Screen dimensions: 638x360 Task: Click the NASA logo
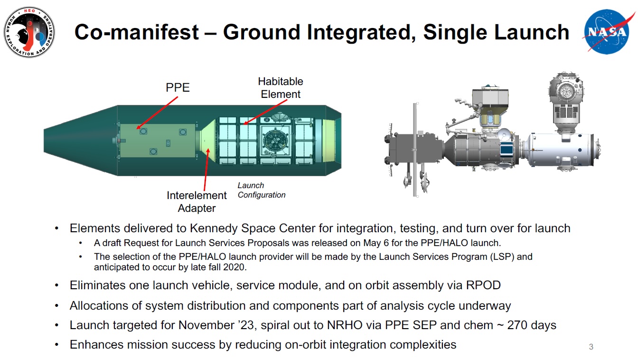(x=607, y=31)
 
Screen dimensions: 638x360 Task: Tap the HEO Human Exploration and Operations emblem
(x=29, y=32)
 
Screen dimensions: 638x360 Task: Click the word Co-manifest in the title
(x=136, y=32)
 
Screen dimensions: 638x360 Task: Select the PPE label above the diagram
(x=178, y=87)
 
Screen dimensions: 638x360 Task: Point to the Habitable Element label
(x=281, y=88)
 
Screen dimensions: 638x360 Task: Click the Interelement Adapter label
(x=197, y=202)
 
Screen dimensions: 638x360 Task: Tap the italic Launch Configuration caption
(x=262, y=190)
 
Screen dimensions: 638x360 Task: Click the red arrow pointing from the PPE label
(x=157, y=113)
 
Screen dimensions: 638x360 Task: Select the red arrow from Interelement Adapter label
(x=206, y=170)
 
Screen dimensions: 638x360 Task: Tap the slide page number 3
(x=591, y=347)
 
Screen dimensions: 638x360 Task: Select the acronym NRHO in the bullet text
(x=345, y=325)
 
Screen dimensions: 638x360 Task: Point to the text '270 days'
(x=532, y=325)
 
